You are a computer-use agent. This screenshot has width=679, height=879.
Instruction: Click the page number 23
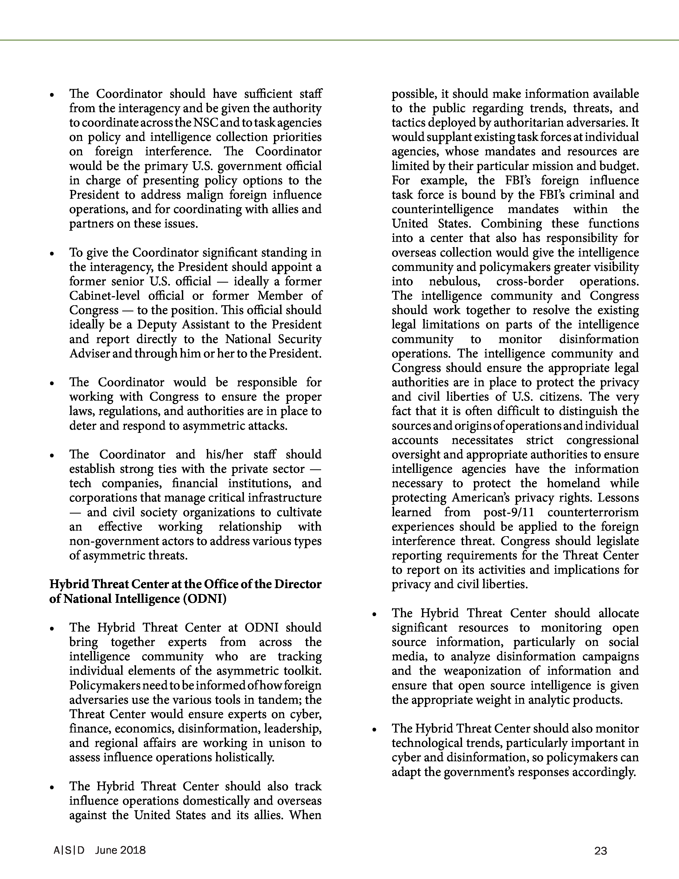(x=600, y=850)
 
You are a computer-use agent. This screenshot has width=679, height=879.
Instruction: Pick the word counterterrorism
(x=593, y=512)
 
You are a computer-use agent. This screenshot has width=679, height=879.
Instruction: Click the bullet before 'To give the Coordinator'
(x=51, y=254)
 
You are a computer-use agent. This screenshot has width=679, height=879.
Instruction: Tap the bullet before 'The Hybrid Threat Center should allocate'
(x=374, y=614)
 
